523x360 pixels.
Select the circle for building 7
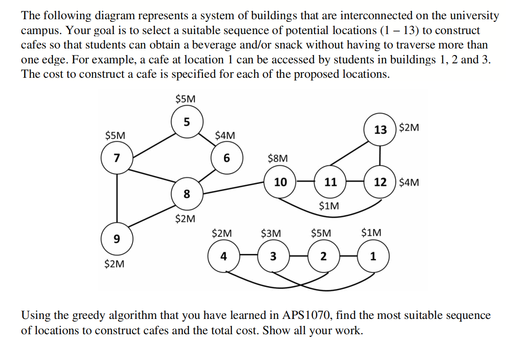tap(117, 158)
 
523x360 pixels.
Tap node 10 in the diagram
tap(280, 182)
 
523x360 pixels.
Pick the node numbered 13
tap(380, 129)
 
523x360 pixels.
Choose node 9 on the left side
tap(117, 239)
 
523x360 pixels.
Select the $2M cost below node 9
tap(115, 264)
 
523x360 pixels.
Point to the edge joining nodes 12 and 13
tap(380, 155)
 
